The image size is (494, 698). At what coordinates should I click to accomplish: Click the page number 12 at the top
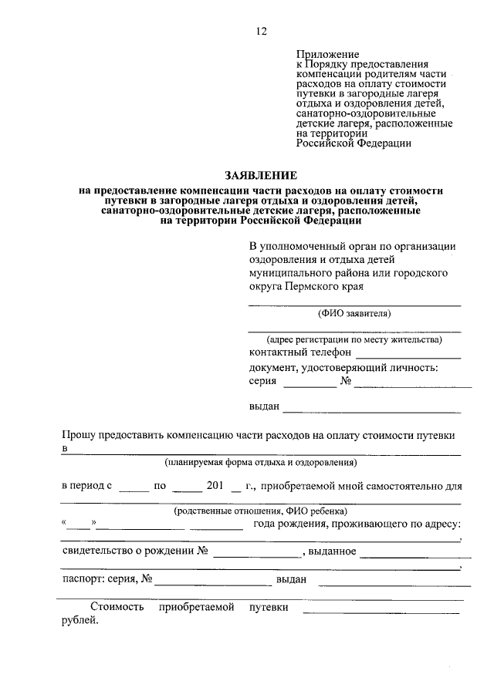pyautogui.click(x=261, y=31)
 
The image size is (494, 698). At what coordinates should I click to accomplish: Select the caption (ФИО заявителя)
pyautogui.click(x=354, y=314)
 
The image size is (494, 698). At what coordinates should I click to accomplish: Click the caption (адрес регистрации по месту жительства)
pyautogui.click(x=354, y=339)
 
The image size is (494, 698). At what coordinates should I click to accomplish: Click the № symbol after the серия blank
pyautogui.click(x=347, y=381)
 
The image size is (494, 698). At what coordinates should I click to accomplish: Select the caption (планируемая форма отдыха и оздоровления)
pyautogui.click(x=260, y=463)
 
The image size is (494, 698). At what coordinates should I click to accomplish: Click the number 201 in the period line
pyautogui.click(x=215, y=486)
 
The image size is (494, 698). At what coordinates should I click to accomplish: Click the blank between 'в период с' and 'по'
pyautogui.click(x=134, y=489)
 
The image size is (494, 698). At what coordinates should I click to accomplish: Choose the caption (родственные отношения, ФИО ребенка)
pyautogui.click(x=260, y=511)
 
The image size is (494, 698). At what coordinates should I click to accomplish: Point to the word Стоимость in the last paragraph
pyautogui.click(x=117, y=608)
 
